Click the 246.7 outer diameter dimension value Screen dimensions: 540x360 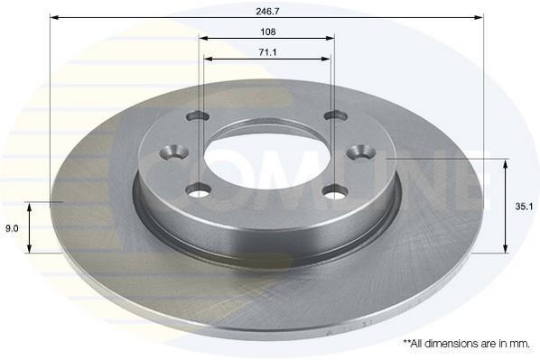pyautogui.click(x=267, y=12)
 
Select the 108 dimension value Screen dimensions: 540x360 pyautogui.click(x=267, y=32)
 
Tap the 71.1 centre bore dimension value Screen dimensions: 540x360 pyautogui.click(x=267, y=52)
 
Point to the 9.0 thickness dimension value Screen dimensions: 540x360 pyautogui.click(x=12, y=228)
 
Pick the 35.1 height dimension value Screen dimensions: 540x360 pyautogui.click(x=524, y=207)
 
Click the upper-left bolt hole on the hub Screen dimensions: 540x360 pyautogui.click(x=198, y=116)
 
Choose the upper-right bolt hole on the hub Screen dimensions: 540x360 pyautogui.click(x=336, y=115)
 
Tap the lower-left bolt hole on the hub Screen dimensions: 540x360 pyautogui.click(x=198, y=190)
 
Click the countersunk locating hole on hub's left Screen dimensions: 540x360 pyautogui.click(x=175, y=152)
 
